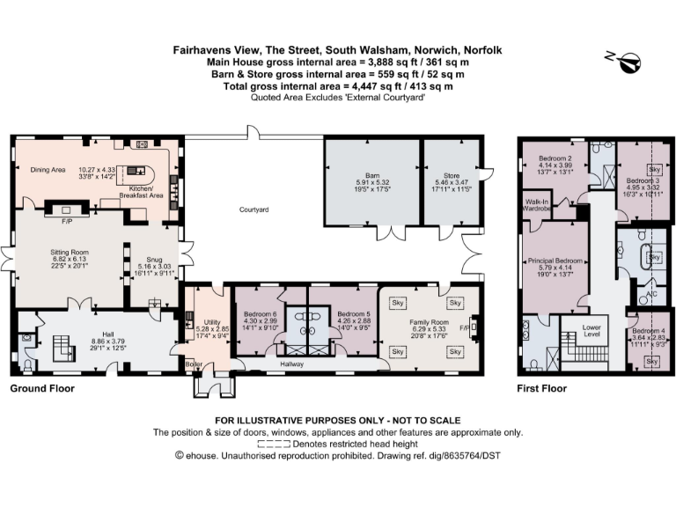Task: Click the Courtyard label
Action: [253, 209]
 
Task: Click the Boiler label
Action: [192, 364]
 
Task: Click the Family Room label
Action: [429, 321]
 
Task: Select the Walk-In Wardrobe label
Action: [537, 205]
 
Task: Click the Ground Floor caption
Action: [42, 387]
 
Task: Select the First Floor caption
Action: [541, 387]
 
